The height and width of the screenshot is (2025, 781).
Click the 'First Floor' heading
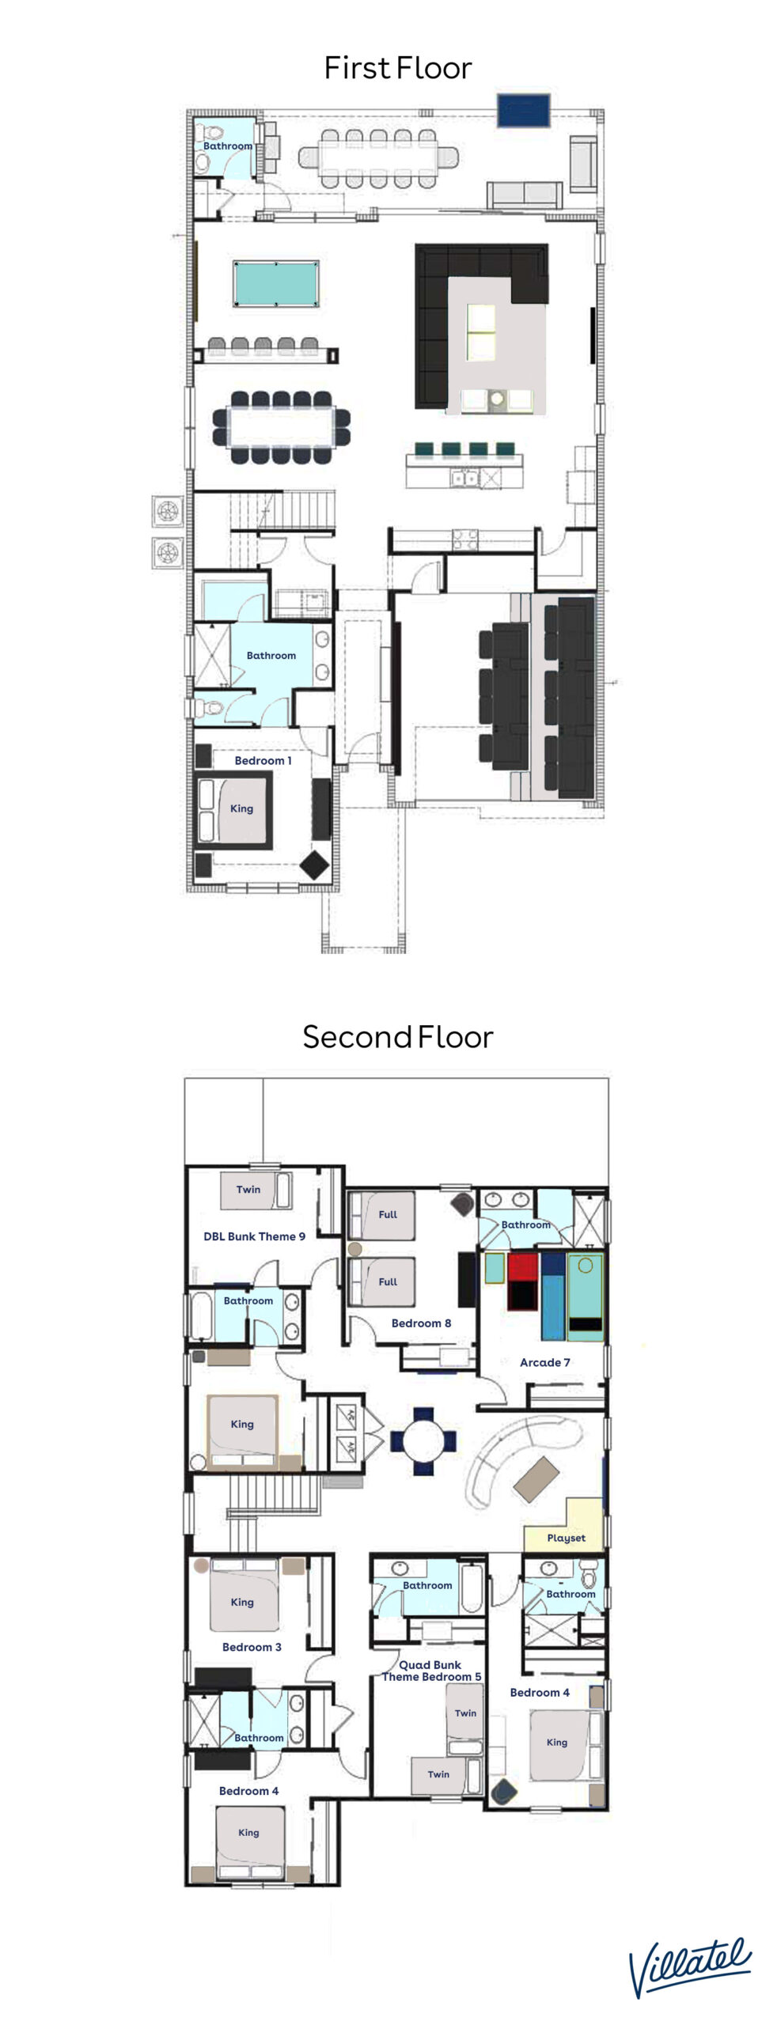(x=397, y=68)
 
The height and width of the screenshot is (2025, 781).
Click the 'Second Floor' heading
(x=397, y=1036)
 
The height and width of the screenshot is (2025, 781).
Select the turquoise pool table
(x=276, y=282)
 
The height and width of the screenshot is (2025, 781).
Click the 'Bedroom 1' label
(x=263, y=760)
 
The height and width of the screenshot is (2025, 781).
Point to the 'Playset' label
(x=566, y=1538)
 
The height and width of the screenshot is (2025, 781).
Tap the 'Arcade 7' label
(x=544, y=1362)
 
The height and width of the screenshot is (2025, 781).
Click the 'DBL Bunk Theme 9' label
(x=254, y=1236)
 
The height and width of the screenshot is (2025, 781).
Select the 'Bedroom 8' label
(x=421, y=1323)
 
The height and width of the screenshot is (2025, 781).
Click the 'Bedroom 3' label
(x=252, y=1647)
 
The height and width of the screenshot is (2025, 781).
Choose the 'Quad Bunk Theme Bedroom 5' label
(x=431, y=1671)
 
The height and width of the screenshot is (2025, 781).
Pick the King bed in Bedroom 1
(x=235, y=810)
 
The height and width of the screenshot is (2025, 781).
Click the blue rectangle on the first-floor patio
(x=523, y=110)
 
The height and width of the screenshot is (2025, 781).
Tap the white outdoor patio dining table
(x=378, y=158)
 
